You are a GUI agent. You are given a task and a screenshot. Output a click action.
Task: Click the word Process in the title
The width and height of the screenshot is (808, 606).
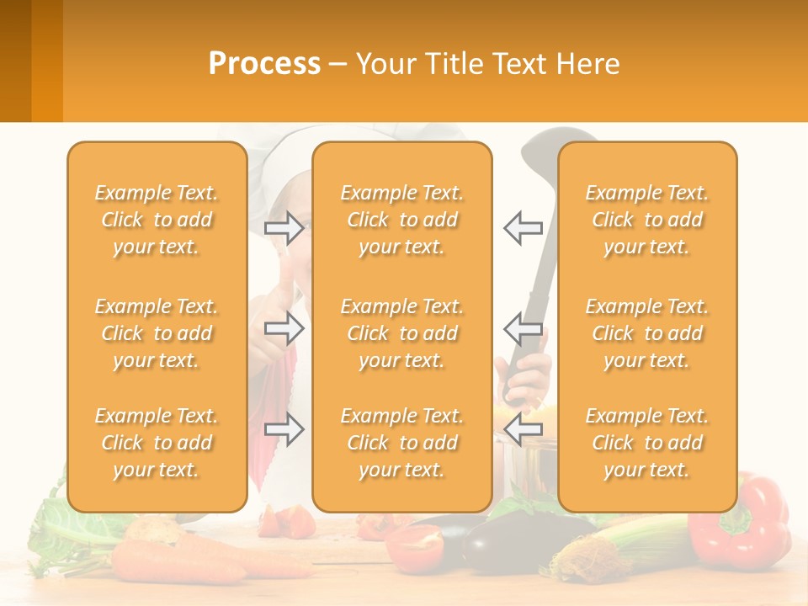264,64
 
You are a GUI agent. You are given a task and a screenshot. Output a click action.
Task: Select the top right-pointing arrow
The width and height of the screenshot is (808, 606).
284,227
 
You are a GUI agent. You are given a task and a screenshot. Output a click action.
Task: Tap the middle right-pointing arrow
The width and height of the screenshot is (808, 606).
284,328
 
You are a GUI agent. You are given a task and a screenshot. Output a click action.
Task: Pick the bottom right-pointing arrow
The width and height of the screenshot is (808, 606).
284,430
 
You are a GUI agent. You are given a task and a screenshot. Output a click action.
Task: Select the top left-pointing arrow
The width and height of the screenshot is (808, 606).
523,227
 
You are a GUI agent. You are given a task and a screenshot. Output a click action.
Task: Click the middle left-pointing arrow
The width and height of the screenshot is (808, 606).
523,328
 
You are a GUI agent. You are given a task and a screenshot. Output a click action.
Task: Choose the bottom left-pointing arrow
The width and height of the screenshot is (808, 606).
523,430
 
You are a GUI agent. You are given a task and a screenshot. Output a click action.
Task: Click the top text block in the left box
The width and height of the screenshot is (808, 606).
157,220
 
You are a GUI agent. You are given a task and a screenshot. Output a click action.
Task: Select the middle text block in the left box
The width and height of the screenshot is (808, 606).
157,333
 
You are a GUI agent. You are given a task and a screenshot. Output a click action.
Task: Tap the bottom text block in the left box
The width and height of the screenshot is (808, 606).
157,443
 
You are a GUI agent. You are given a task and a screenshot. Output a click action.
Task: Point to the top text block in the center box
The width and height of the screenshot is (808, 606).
401,220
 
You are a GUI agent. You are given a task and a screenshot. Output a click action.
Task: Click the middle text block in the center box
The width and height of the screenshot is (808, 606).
401,333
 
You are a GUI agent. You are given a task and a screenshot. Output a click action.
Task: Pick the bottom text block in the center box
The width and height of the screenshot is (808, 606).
401,443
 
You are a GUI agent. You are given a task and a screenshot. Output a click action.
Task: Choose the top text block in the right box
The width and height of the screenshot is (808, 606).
646,220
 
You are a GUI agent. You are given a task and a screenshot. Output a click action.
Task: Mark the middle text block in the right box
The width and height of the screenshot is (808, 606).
646,333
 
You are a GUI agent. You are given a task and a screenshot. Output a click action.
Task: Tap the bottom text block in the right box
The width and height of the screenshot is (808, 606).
646,443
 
